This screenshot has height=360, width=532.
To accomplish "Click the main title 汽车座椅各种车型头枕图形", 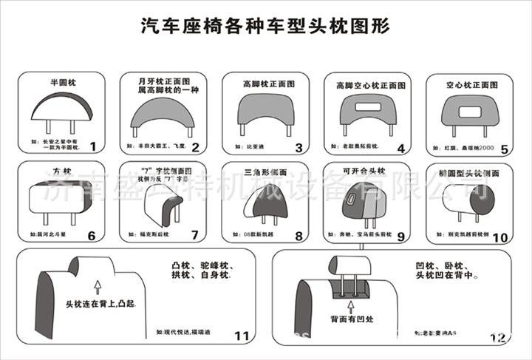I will tap(265, 27).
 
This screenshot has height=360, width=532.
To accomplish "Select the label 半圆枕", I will tap(64, 83).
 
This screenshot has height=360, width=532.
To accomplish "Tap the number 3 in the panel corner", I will tap(299, 147).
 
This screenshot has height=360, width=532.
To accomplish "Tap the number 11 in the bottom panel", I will tap(242, 336).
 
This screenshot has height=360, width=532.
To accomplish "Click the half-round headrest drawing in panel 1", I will tap(64, 107).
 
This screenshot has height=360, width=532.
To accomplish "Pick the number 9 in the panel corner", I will tap(401, 236).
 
